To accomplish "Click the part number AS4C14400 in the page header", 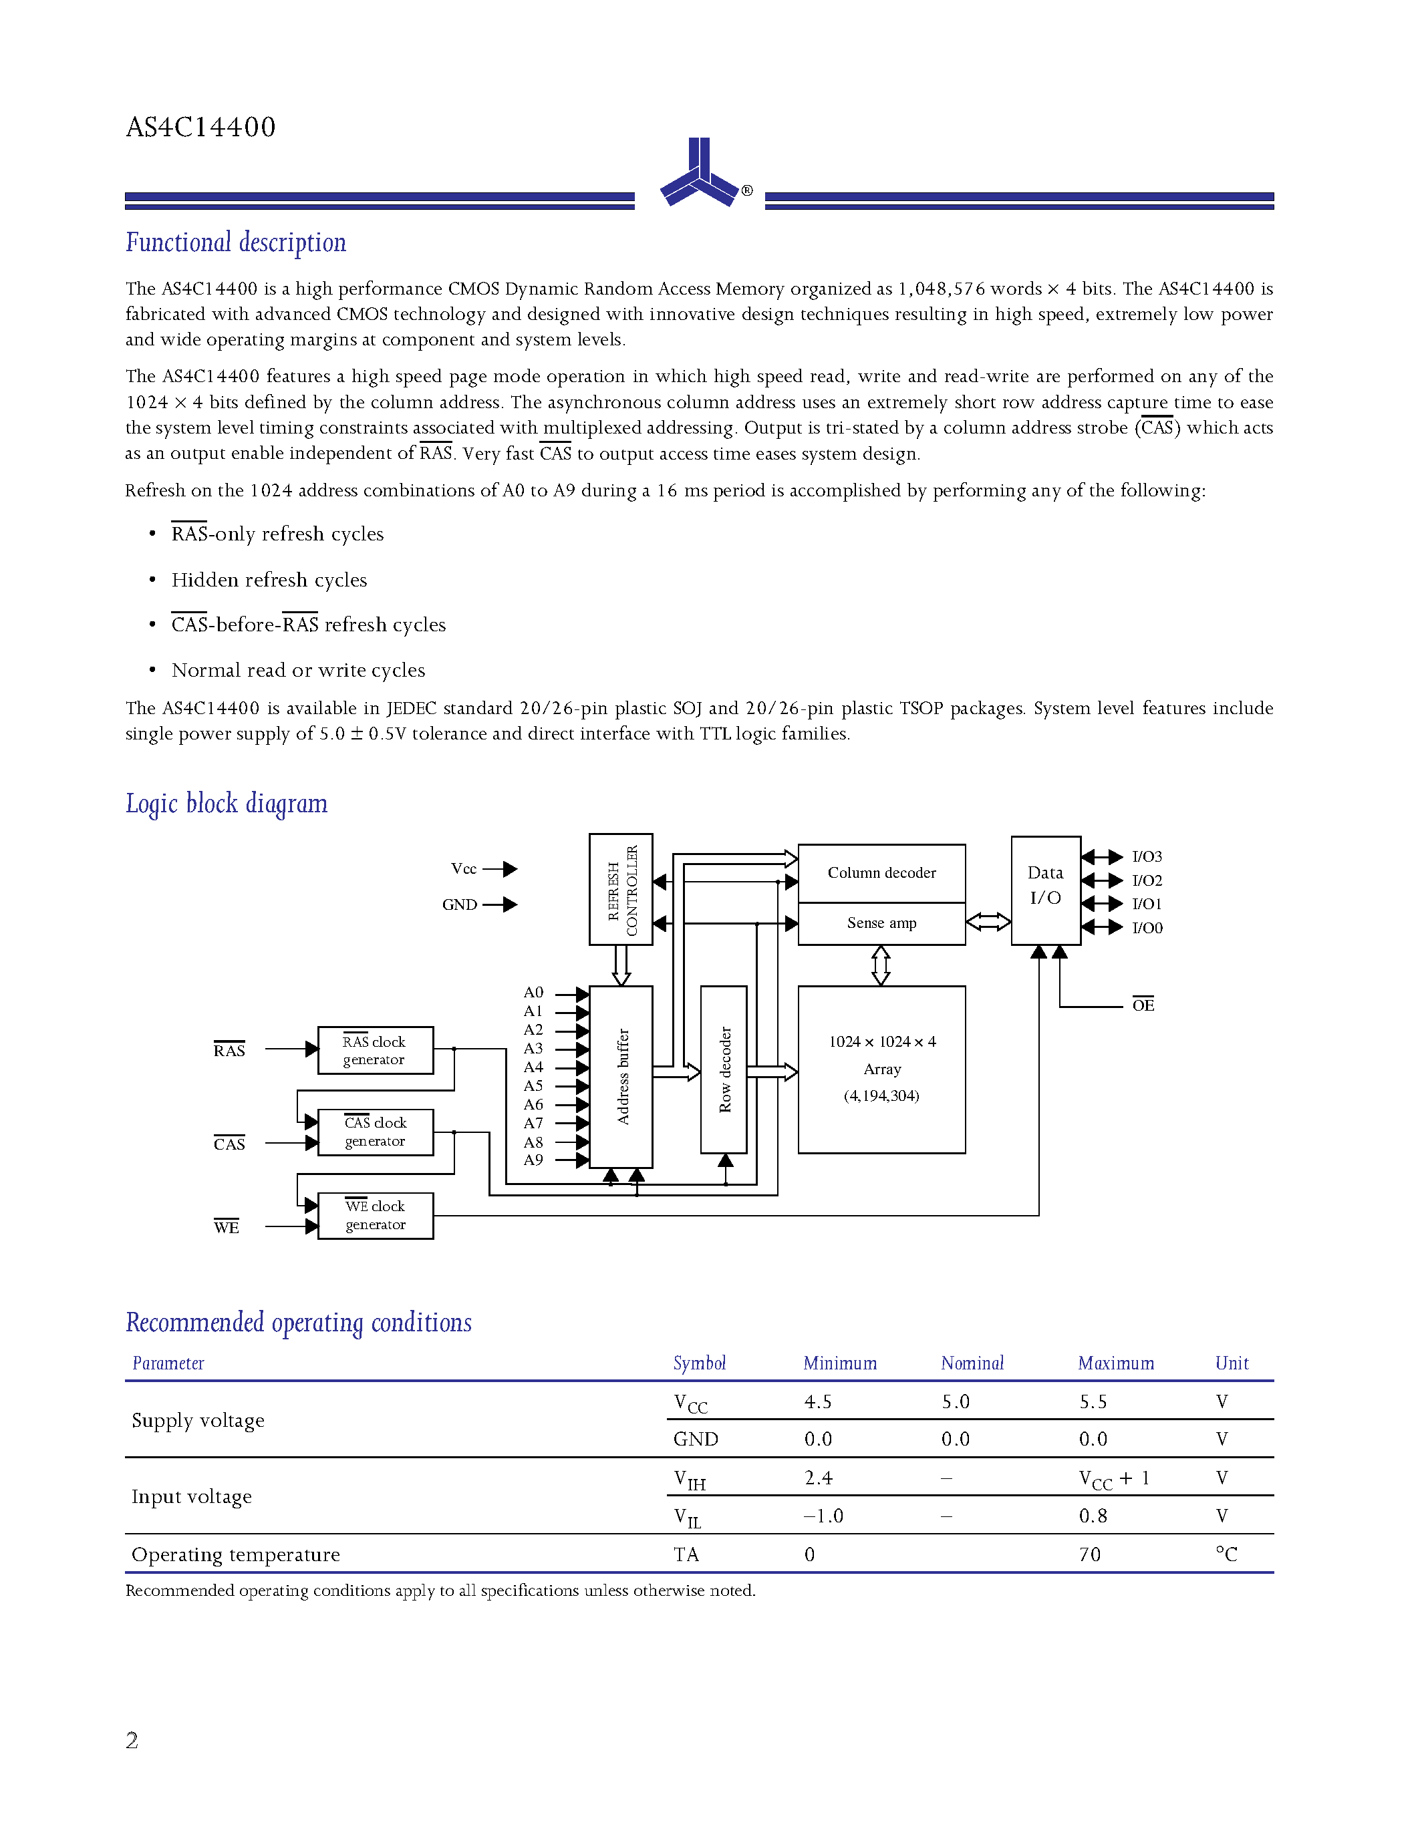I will tap(200, 127).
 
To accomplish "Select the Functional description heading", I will tap(235, 243).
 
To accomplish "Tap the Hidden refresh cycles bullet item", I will tap(269, 580).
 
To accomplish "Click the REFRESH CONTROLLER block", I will tap(621, 889).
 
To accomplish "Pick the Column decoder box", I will tap(881, 872).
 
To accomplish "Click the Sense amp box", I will tap(881, 923).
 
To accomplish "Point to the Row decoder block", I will tap(724, 1069).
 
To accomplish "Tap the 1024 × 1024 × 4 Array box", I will tap(881, 1068).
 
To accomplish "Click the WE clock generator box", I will tap(375, 1215).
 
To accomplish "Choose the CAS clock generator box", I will tap(375, 1132).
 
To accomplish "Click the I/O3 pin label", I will tap(1146, 856).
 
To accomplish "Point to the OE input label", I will tap(1143, 1005).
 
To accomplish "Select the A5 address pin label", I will tap(533, 1085).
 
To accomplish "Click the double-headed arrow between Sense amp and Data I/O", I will tap(988, 922).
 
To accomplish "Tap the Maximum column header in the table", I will tap(1115, 1363).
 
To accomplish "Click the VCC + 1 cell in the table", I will tap(1113, 1480).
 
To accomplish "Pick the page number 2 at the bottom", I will tap(132, 1740).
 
